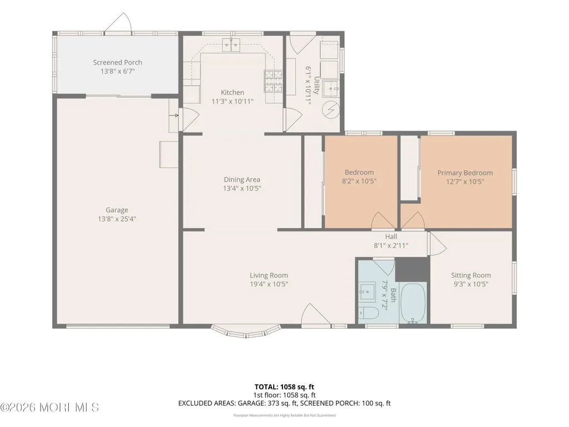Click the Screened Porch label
click(117, 62)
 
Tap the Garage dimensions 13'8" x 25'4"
click(117, 219)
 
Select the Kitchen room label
click(232, 93)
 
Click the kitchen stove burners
click(273, 81)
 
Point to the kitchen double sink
click(231, 44)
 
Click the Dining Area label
click(242, 179)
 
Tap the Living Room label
click(269, 275)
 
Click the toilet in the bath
click(369, 313)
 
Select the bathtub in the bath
click(414, 303)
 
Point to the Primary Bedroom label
click(465, 173)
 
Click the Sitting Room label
click(471, 275)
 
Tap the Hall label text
click(391, 237)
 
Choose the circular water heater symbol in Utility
click(331, 109)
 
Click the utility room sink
click(331, 88)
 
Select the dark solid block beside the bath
click(412, 269)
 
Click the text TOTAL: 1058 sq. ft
click(284, 386)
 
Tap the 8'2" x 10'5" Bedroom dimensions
click(359, 181)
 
